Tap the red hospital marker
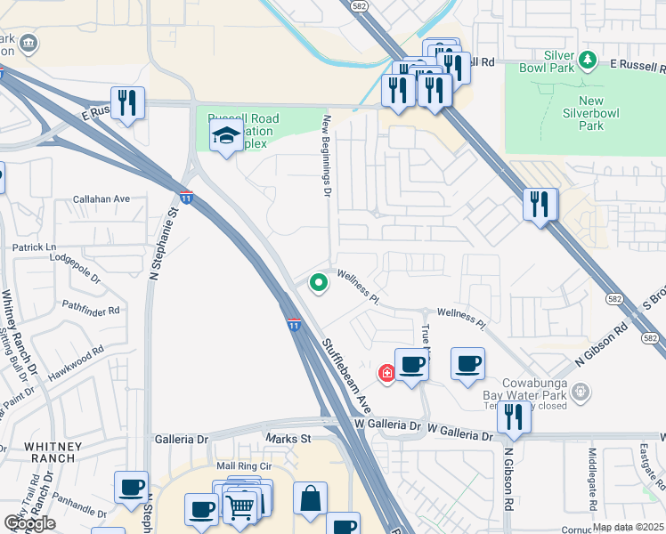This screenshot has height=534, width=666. (x=386, y=373)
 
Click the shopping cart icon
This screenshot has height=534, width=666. (x=240, y=506)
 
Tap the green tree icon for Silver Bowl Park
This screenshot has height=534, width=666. (x=587, y=61)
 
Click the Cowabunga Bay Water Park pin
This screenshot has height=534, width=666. (x=581, y=391)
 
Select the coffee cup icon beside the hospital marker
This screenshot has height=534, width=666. (x=410, y=364)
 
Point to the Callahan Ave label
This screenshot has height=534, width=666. (x=102, y=199)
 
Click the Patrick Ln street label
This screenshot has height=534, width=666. (x=34, y=247)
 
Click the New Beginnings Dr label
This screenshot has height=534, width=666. (x=327, y=155)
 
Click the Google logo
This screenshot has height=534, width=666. (x=29, y=523)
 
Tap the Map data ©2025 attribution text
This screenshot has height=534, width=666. (x=628, y=527)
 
